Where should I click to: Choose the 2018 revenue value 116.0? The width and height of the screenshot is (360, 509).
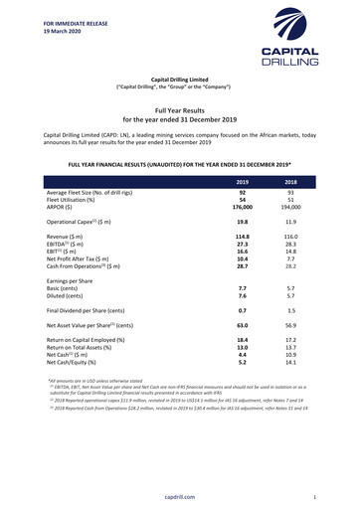pyautogui.click(x=292, y=264)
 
